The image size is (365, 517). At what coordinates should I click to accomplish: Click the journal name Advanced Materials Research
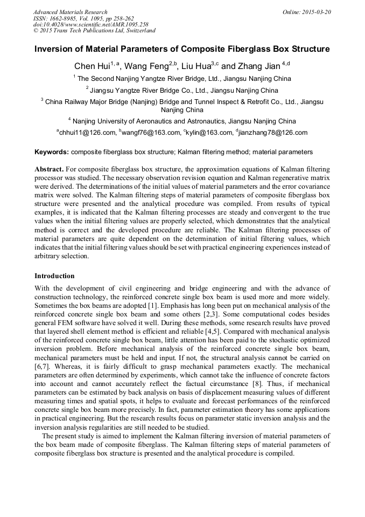click(x=70, y=12)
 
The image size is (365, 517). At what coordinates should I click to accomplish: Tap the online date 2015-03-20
click(x=317, y=12)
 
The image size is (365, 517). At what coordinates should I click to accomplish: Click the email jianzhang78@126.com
click(x=273, y=133)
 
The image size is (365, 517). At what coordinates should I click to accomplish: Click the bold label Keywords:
click(x=52, y=153)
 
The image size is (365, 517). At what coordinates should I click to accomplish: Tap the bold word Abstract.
click(x=50, y=169)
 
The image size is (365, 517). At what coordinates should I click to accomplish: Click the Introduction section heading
click(x=54, y=276)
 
